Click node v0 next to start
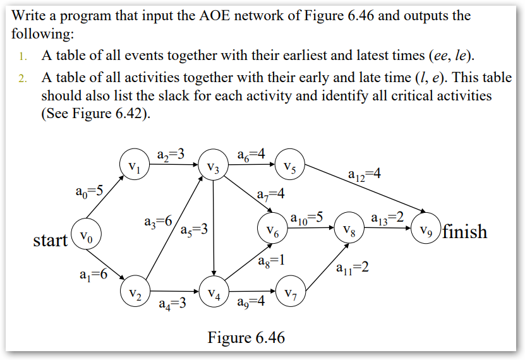click(x=87, y=238)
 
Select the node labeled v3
click(x=214, y=169)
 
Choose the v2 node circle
click(x=135, y=293)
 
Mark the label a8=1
click(x=272, y=260)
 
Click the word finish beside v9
click(x=464, y=232)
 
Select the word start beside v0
click(x=51, y=240)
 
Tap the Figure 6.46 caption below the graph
click(x=246, y=338)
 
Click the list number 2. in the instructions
click(x=23, y=78)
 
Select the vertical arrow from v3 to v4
click(x=214, y=227)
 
